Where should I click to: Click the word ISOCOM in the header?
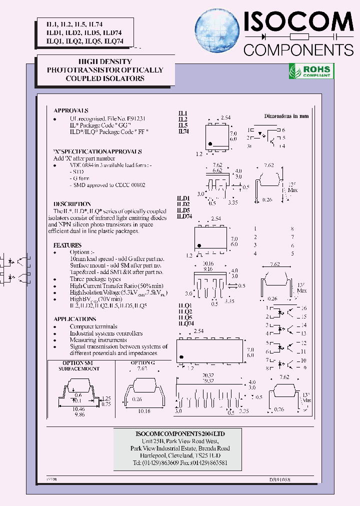click(x=298, y=22)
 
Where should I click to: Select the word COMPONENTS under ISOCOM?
click(x=298, y=49)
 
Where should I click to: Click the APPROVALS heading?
click(x=71, y=110)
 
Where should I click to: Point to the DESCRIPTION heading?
click(x=72, y=204)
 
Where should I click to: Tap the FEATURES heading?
click(x=67, y=245)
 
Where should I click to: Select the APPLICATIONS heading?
click(x=74, y=318)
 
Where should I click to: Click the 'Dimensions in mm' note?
click(x=286, y=116)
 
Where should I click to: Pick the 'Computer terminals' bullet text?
click(x=94, y=326)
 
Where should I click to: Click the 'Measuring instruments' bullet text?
click(x=98, y=340)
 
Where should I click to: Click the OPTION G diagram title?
click(x=143, y=363)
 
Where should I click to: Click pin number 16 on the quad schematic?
click(x=303, y=308)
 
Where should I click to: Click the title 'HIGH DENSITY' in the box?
click(x=105, y=61)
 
